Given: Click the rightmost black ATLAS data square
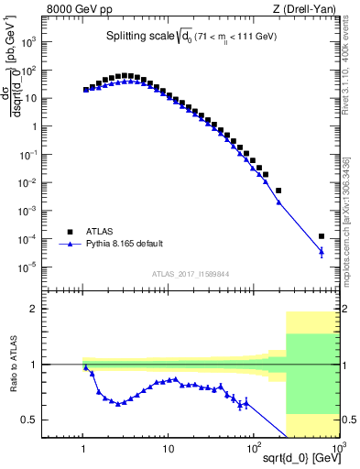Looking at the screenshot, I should pos(321,236).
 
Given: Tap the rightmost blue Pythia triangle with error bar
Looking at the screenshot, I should pos(321,251).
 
